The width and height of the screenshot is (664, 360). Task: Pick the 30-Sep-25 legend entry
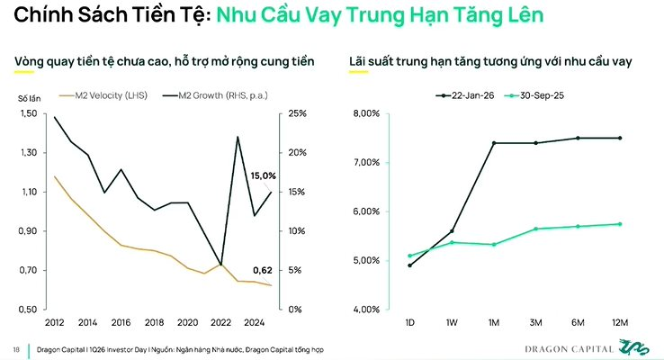(539, 94)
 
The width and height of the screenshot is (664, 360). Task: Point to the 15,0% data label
(262, 175)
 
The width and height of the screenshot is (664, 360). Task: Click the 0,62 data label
(264, 270)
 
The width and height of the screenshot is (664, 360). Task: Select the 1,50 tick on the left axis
(29, 113)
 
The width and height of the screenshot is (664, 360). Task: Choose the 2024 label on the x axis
(253, 321)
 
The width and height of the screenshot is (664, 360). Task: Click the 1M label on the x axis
(494, 321)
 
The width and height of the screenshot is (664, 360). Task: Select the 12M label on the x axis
(620, 321)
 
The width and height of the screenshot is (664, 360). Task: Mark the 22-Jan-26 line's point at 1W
(452, 231)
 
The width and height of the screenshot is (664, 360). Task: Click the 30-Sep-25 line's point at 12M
(620, 224)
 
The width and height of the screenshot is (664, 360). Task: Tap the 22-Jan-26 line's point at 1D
(410, 265)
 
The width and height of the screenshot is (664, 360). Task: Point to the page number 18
(16, 348)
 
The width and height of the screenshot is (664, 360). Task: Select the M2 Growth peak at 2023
(238, 137)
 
